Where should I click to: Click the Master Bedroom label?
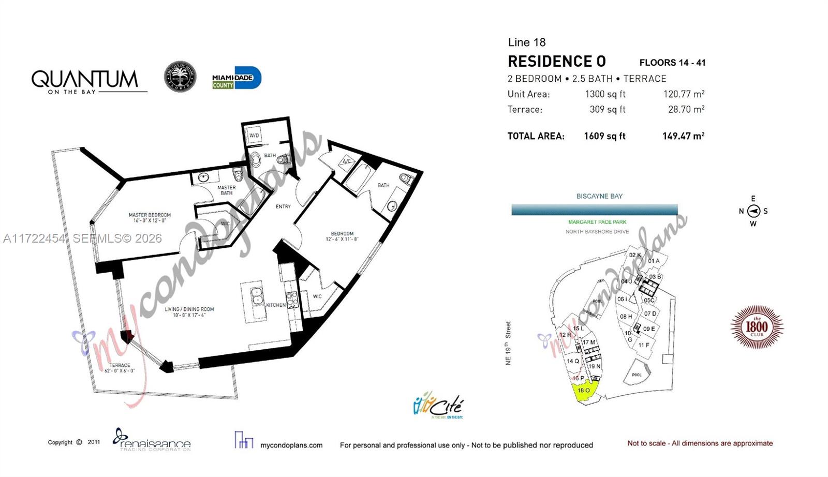coord(150,217)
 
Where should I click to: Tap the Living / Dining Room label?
coord(189,312)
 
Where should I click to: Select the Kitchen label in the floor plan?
coord(276,305)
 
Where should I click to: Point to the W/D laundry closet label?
coord(254,136)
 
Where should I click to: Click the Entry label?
coord(283,206)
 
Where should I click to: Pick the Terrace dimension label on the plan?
coord(120,368)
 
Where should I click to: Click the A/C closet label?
coord(346,162)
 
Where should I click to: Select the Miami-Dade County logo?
coord(236,78)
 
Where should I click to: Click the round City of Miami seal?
coord(180,77)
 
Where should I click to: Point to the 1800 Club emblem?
coord(757,327)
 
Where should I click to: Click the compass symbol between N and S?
coord(753,211)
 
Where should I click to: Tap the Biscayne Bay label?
coord(599,196)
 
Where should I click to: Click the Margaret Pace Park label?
coord(597,222)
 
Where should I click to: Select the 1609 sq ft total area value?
coord(604,136)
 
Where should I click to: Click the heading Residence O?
coord(556,62)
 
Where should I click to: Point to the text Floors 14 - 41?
coord(672,63)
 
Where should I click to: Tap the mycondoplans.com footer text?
coord(291,445)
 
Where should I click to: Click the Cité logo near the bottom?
coord(439,405)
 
